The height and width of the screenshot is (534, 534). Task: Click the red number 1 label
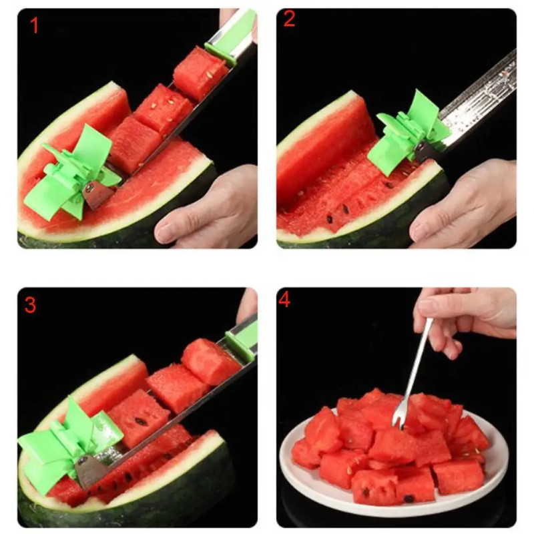tap(34, 25)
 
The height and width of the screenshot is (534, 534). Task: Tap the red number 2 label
tap(289, 19)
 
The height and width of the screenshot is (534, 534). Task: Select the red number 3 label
tap(30, 305)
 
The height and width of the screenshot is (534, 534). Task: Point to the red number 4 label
tap(284, 300)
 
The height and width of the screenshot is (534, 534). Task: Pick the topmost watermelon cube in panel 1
tap(201, 74)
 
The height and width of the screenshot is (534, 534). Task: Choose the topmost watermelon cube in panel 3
tap(210, 362)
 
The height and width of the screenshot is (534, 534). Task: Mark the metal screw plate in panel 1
tap(97, 195)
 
